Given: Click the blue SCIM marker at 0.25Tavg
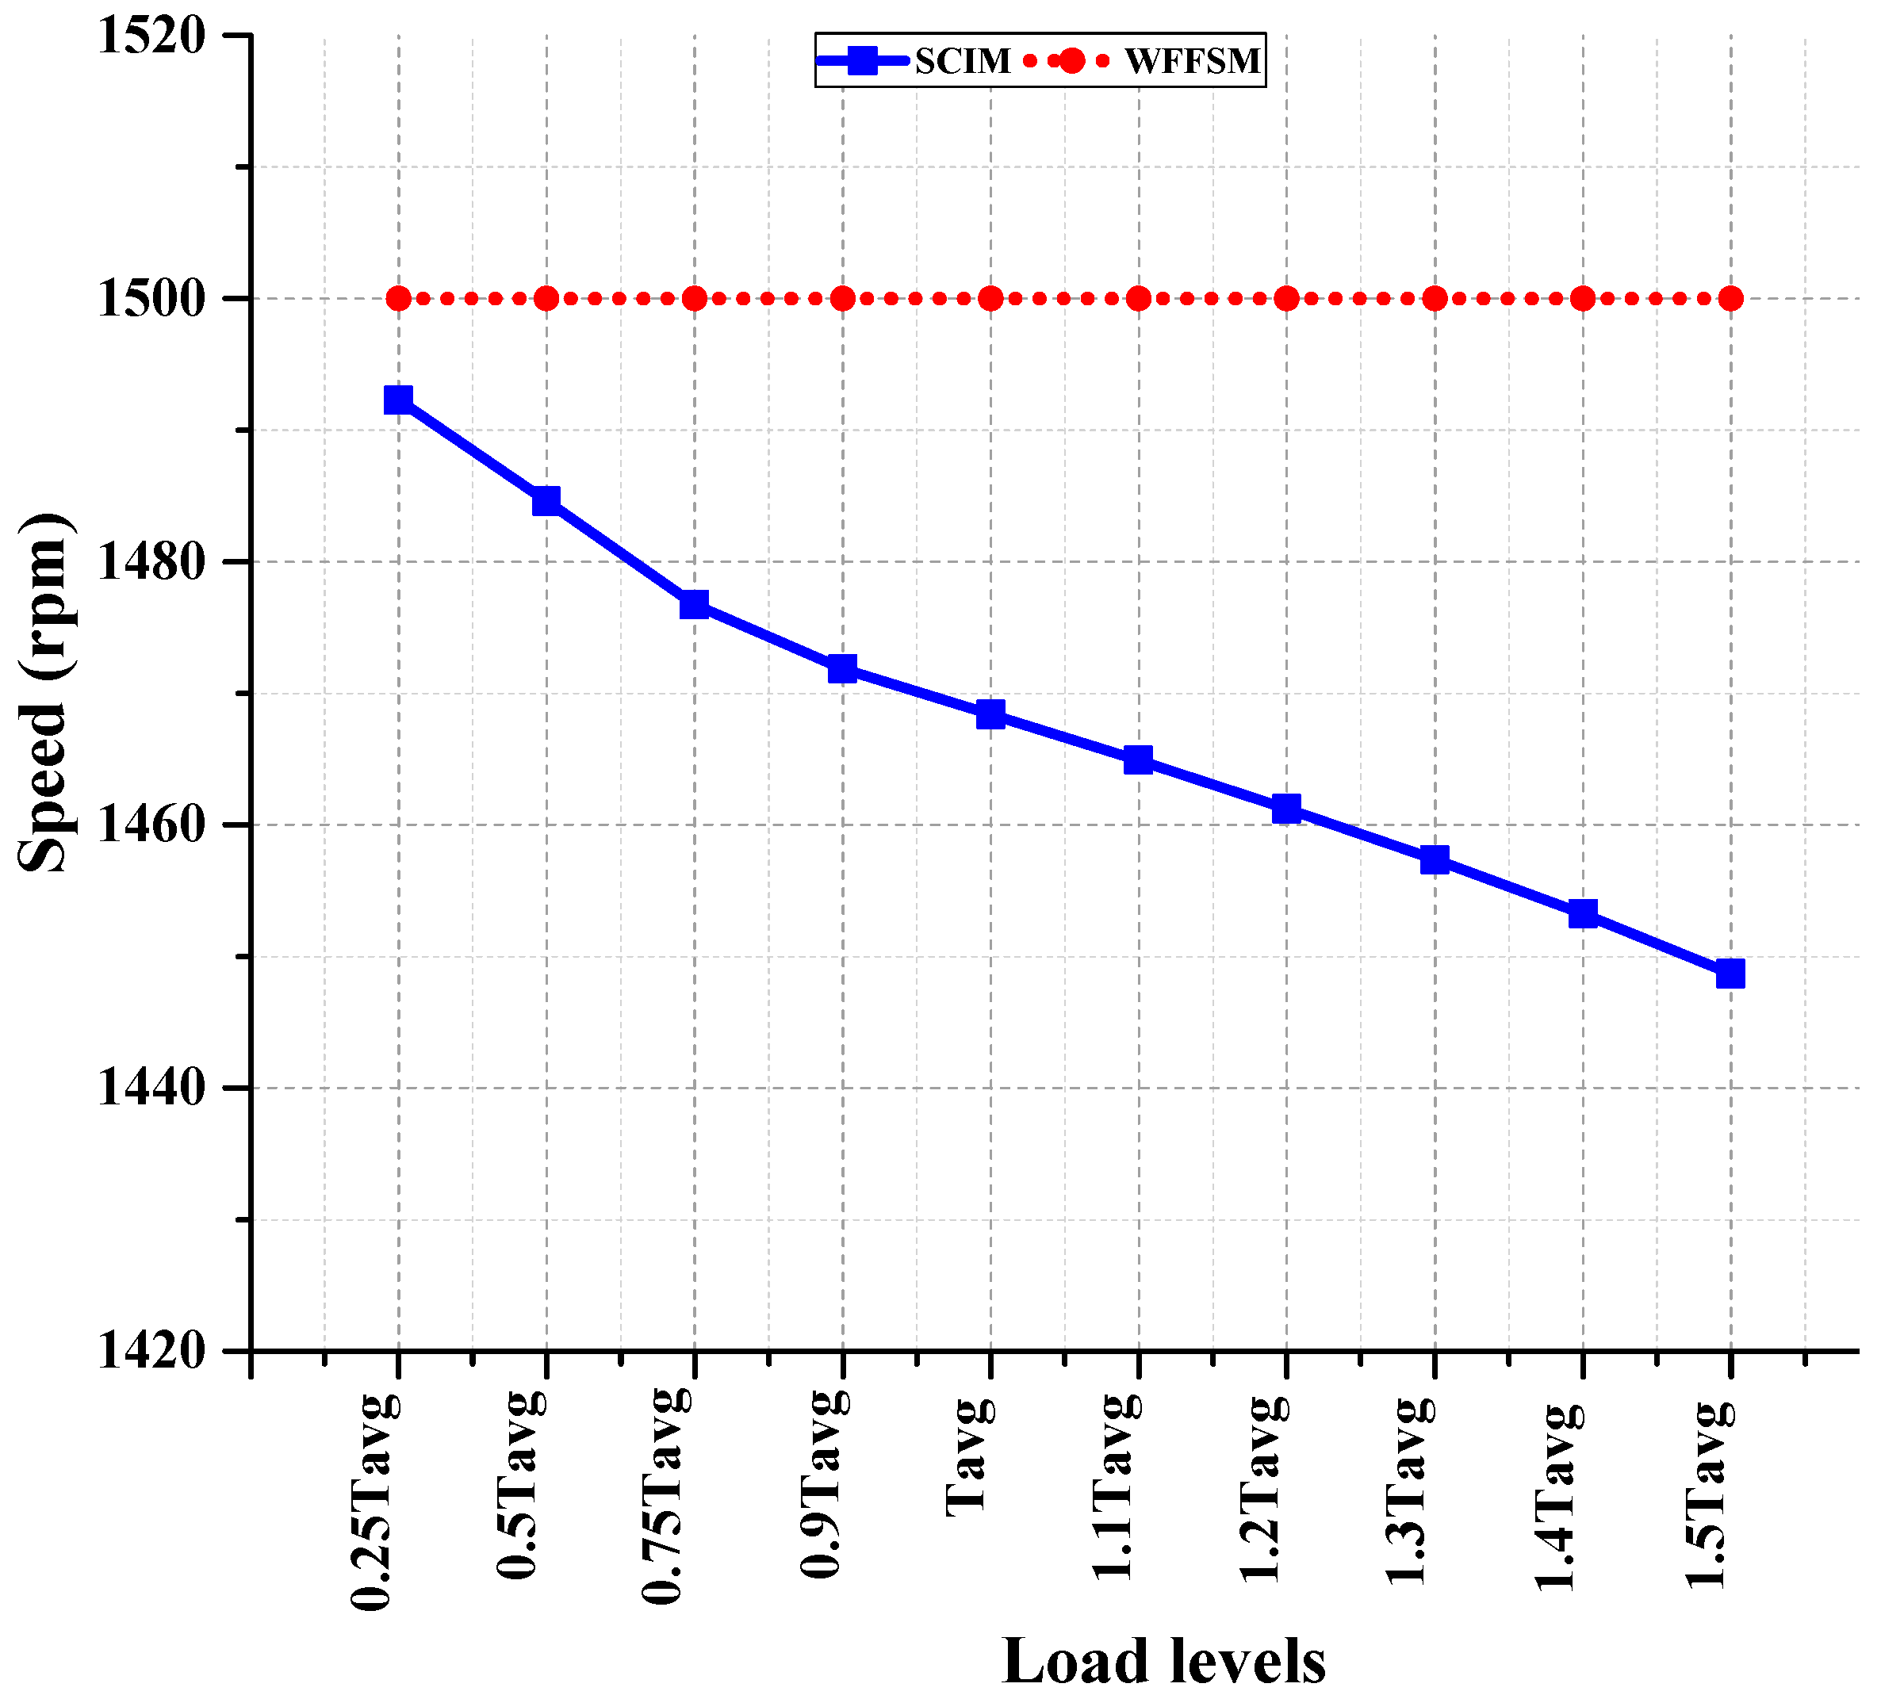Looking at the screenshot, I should [398, 400].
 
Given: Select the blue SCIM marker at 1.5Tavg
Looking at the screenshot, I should [1730, 974].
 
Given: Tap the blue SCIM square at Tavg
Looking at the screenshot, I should [990, 714].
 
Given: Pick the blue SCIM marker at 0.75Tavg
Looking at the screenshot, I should [694, 603].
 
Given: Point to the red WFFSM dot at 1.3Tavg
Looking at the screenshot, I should [1435, 299].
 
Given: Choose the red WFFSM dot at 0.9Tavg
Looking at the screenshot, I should [842, 299].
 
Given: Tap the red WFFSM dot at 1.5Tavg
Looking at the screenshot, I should [1731, 299].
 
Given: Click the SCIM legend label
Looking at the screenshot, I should [963, 62].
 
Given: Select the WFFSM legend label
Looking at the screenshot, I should [1193, 62].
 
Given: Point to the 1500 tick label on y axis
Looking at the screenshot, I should [151, 299].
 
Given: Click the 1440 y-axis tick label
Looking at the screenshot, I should [151, 1088].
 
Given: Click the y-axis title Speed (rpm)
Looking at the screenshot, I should [44, 693].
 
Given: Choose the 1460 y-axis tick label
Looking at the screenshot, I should [151, 825].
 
